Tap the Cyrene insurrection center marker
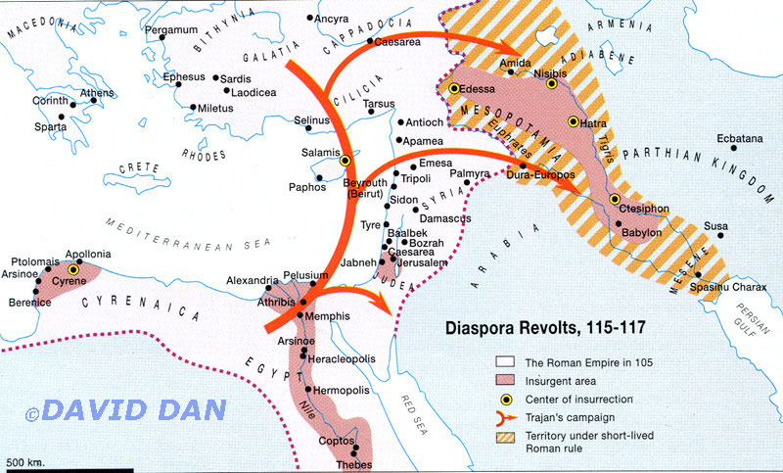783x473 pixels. coord(71,267)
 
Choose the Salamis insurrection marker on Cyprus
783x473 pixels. coord(345,159)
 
